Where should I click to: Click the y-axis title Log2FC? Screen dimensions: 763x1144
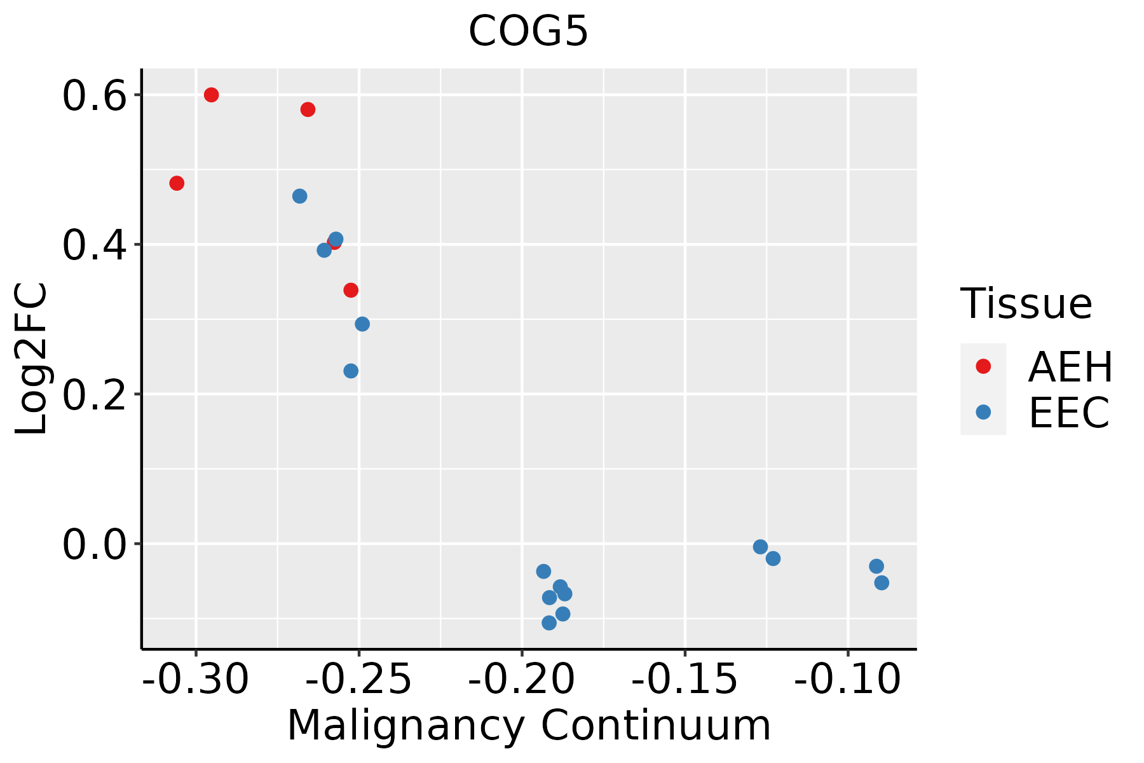pos(32,359)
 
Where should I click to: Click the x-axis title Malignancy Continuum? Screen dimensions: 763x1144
pos(529,725)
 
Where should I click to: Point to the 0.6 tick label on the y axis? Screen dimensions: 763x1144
pos(94,95)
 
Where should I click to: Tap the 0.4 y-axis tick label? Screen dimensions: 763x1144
pos(94,245)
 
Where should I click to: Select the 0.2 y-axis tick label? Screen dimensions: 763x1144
pos(94,394)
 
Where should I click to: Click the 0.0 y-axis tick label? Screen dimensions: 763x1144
pos(94,544)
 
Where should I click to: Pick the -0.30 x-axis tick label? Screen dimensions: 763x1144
pos(196,679)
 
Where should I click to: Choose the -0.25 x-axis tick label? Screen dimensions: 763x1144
pos(359,679)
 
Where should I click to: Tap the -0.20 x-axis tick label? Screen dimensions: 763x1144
pos(522,679)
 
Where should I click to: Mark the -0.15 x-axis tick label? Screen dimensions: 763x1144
pos(684,679)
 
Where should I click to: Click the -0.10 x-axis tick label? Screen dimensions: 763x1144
pos(847,679)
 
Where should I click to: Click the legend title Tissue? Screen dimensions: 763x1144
pos(1026,303)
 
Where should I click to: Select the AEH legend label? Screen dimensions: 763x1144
pos(1070,367)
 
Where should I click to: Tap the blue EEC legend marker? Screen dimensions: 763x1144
pos(983,412)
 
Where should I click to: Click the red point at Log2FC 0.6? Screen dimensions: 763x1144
pos(212,95)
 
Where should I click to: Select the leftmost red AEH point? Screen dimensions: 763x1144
pos(177,183)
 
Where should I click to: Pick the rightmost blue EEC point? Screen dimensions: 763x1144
pos(882,582)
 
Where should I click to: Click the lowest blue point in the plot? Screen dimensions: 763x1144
pos(549,622)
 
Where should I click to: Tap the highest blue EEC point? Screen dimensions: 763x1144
pos(299,196)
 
